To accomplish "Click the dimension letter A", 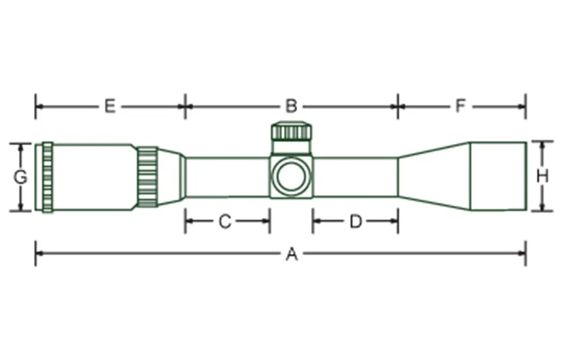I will [x=291, y=255].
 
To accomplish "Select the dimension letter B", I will [x=291, y=106].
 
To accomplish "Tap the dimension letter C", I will [x=225, y=222].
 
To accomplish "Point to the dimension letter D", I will [x=355, y=222].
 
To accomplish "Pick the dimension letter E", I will [x=110, y=106].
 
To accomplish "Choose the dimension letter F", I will [x=461, y=106].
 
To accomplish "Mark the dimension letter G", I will [x=20, y=177].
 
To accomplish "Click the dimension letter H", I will [x=542, y=177].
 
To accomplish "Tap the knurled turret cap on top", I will [x=291, y=132].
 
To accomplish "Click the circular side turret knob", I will [x=291, y=176].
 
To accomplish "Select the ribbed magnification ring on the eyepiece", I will [x=148, y=177].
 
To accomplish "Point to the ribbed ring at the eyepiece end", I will [x=47, y=177].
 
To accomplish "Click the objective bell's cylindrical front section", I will [x=498, y=176].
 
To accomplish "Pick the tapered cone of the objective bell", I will [x=434, y=176].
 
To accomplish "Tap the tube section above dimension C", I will [x=227, y=177].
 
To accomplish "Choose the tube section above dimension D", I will [x=356, y=177].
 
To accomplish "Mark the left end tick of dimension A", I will [x=35, y=254].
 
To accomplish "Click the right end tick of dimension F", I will [x=525, y=106].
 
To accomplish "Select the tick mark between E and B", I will [x=185, y=106].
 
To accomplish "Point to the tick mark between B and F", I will [x=398, y=106].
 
